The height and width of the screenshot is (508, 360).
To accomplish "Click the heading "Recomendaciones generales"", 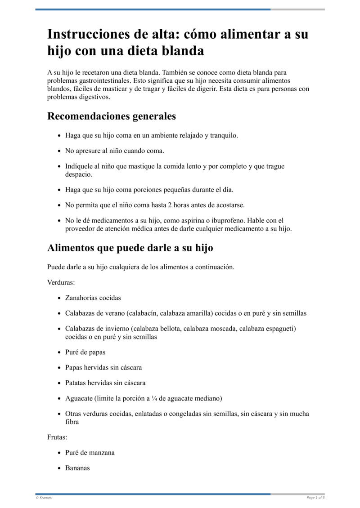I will click(x=112, y=116).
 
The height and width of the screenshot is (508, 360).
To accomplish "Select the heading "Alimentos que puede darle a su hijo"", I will click(x=130, y=248).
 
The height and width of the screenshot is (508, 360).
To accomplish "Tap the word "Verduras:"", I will click(x=61, y=283).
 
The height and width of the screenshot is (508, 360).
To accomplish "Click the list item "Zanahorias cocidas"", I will click(x=93, y=298).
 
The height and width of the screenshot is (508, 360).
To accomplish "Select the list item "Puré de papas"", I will click(x=85, y=352).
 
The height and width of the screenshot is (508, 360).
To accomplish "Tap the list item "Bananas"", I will click(x=77, y=468).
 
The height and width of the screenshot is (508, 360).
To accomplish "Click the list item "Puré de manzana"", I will click(x=90, y=453).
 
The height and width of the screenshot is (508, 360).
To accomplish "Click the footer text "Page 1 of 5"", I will click(x=315, y=498).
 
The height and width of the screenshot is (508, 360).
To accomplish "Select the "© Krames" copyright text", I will click(x=44, y=498).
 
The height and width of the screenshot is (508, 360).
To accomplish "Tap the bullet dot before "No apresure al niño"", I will click(x=60, y=151).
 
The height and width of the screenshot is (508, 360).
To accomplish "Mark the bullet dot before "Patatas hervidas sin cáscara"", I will click(x=60, y=383).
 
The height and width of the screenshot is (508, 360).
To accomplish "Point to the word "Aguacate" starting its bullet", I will click(x=79, y=399).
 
